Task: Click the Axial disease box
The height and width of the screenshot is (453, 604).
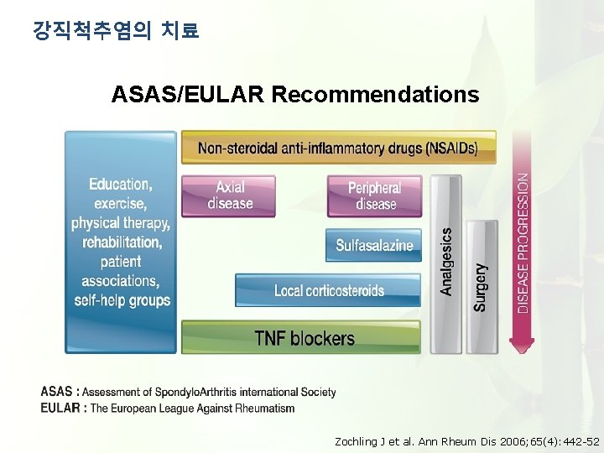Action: (x=229, y=195)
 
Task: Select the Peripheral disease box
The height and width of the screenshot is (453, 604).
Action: (x=374, y=195)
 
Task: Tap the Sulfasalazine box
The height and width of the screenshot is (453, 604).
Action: (x=374, y=245)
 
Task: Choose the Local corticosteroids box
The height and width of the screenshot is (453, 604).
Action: (x=329, y=290)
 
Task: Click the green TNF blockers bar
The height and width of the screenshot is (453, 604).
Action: (x=302, y=338)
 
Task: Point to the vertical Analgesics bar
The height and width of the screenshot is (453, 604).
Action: (x=445, y=262)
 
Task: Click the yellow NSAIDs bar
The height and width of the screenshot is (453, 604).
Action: (x=338, y=148)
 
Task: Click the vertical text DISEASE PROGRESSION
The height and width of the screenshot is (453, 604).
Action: (x=523, y=243)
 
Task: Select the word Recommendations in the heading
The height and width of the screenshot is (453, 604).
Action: (x=375, y=95)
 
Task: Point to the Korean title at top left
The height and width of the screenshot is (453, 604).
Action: (x=116, y=32)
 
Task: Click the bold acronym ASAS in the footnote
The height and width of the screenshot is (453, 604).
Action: (x=56, y=392)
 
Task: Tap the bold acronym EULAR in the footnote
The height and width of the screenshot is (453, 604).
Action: (x=61, y=409)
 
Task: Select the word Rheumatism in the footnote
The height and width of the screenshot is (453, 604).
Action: (x=265, y=409)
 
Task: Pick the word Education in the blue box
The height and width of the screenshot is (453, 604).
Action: (x=121, y=184)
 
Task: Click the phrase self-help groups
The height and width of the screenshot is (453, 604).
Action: (x=122, y=300)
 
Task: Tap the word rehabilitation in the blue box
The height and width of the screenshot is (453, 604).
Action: (x=122, y=242)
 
